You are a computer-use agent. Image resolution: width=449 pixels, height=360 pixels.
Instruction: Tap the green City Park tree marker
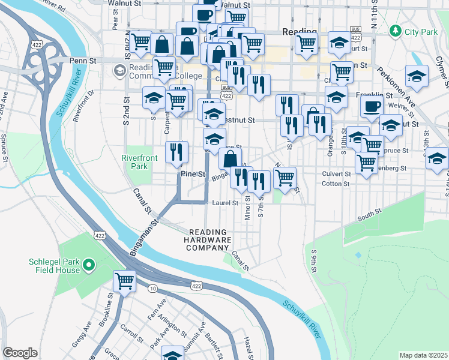(x=395, y=29)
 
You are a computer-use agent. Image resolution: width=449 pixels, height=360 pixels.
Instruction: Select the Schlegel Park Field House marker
(x=88, y=264)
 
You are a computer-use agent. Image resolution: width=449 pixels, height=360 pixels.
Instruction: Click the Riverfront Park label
(x=134, y=162)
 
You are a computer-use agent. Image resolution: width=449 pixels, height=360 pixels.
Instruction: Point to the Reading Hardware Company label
(x=208, y=240)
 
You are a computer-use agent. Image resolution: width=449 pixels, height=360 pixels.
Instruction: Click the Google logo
(x=20, y=353)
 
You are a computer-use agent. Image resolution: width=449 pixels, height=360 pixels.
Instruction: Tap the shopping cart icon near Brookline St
(x=124, y=280)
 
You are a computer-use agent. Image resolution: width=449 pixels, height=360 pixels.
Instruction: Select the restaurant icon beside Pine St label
(x=176, y=152)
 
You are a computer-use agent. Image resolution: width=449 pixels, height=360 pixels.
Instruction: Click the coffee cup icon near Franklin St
(x=372, y=106)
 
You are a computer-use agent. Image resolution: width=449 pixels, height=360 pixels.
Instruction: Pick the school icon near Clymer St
(x=416, y=76)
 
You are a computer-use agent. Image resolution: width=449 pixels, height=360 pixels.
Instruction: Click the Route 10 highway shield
(x=153, y=289)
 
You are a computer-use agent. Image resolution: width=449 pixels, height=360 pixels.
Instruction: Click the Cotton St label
(x=336, y=184)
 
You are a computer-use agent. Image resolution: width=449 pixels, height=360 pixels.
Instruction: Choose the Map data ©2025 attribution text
(x=423, y=355)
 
